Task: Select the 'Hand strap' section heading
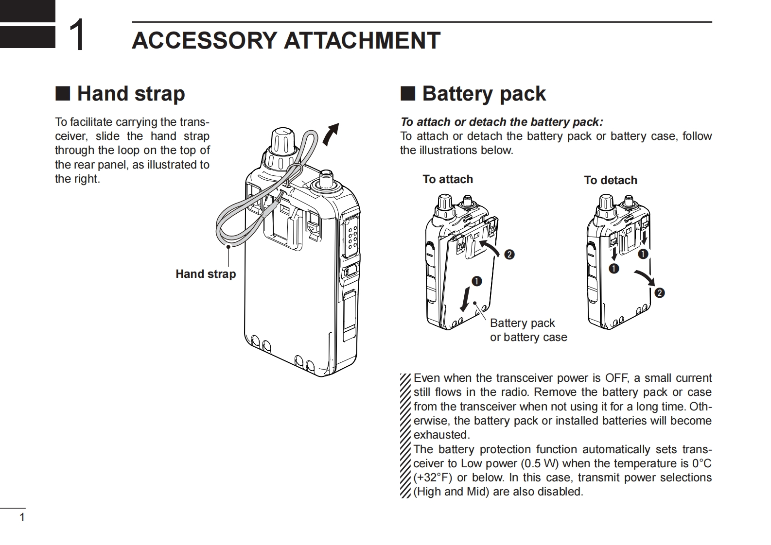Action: (x=131, y=93)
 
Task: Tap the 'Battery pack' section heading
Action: (x=484, y=93)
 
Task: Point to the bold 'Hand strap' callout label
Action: (x=206, y=274)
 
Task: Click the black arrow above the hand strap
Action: (x=330, y=134)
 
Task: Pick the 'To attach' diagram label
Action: (x=448, y=179)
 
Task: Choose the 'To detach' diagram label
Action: (x=611, y=180)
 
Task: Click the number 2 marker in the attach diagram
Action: (x=509, y=255)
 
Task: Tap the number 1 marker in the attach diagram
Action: (x=476, y=281)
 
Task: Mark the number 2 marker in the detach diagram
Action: (x=660, y=293)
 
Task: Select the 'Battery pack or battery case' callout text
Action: (x=528, y=330)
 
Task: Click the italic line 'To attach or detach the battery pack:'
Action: (x=501, y=122)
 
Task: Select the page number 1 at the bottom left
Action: (x=21, y=517)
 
